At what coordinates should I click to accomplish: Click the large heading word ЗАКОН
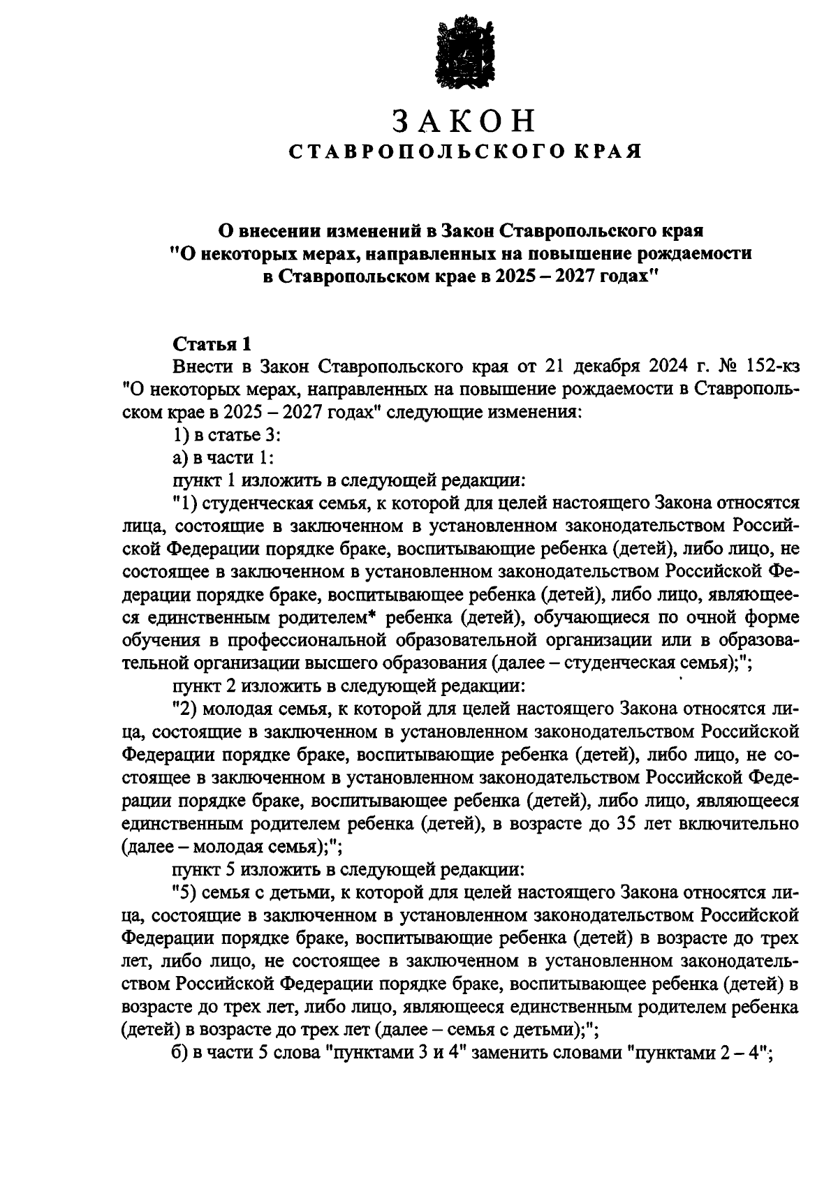click(x=463, y=121)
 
